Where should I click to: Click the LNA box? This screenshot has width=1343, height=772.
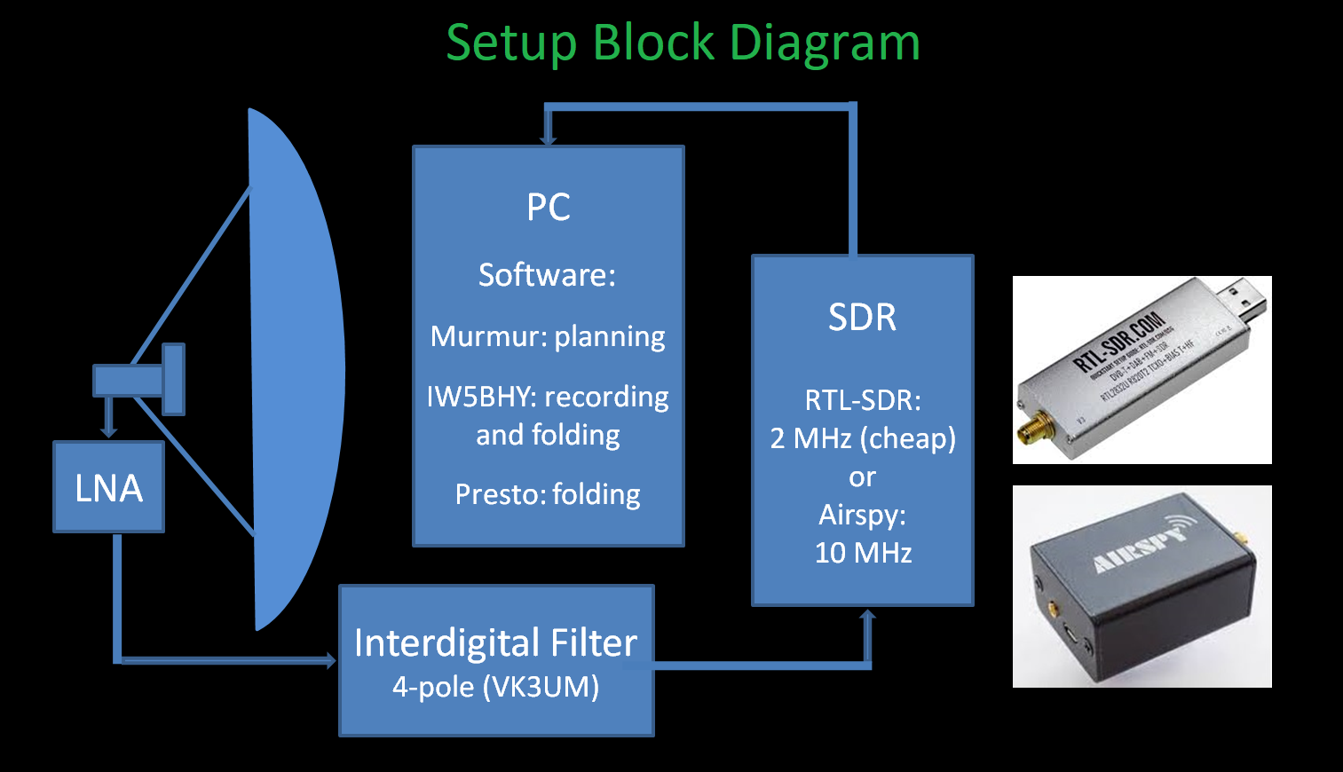click(108, 487)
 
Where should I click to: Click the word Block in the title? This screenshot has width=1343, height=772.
click(652, 42)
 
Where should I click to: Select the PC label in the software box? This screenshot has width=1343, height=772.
click(548, 208)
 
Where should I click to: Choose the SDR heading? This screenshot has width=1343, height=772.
click(862, 318)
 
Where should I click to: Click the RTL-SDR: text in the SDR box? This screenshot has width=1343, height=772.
click(862, 400)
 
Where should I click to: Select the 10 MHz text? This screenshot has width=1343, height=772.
click(863, 553)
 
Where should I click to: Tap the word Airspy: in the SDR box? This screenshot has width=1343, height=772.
click(862, 515)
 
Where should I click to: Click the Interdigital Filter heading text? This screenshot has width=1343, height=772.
click(495, 642)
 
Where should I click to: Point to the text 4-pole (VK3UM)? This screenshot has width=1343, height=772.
click(495, 687)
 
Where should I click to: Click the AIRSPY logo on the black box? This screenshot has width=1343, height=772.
click(1141, 550)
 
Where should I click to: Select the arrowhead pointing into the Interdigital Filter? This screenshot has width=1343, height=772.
click(330, 660)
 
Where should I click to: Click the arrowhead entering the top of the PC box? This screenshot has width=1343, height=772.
click(549, 139)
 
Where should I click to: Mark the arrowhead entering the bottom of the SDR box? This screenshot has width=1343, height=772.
click(867, 615)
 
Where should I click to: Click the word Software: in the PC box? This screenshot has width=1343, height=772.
click(547, 275)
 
